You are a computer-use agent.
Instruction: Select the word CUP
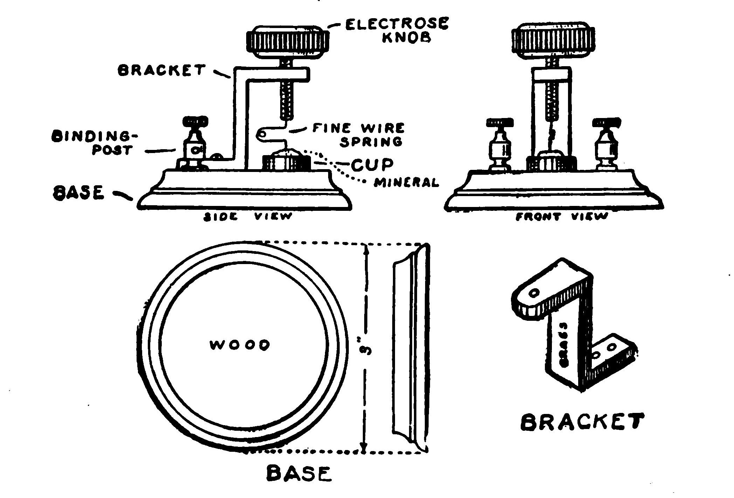[372, 165]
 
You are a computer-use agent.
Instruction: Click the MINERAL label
[406, 183]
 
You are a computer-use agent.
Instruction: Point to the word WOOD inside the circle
[240, 345]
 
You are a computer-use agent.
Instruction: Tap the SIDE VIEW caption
[248, 217]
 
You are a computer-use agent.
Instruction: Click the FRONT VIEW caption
[562, 217]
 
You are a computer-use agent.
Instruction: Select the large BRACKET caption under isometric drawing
[582, 422]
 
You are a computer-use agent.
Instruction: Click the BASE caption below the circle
[298, 473]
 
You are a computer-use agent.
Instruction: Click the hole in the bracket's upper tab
[534, 292]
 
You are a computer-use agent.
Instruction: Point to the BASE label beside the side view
[78, 193]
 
